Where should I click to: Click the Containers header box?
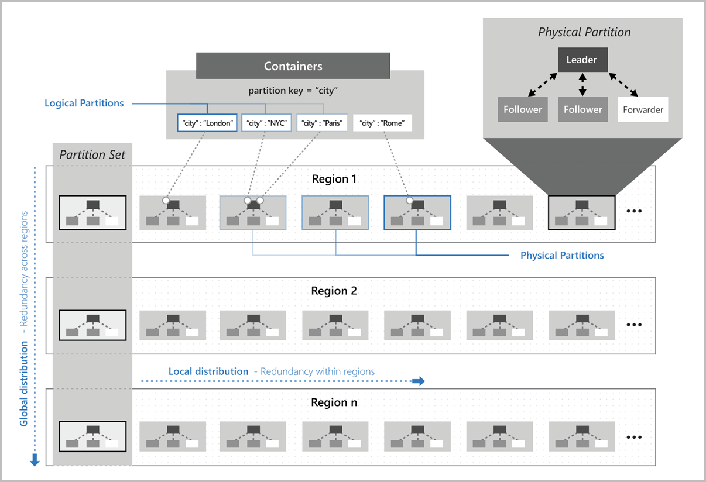click(x=293, y=66)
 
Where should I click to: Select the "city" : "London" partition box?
click(x=207, y=123)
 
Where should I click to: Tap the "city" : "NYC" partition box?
click(x=266, y=123)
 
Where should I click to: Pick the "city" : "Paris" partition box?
click(x=322, y=123)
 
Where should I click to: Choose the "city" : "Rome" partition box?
click(x=382, y=123)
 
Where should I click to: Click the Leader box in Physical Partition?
click(x=581, y=60)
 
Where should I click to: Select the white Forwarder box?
click(x=643, y=109)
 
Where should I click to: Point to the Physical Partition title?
click(x=584, y=32)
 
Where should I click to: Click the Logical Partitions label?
click(x=84, y=103)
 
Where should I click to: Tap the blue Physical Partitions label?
click(x=562, y=255)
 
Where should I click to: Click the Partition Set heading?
click(x=92, y=156)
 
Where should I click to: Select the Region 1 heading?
click(x=334, y=179)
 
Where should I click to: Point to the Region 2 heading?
click(x=334, y=291)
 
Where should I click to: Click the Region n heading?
click(x=334, y=402)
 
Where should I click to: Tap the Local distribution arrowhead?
click(x=419, y=381)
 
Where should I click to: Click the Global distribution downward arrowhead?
click(x=35, y=460)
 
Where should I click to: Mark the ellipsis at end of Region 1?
click(x=635, y=212)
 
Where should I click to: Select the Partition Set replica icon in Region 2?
click(x=92, y=324)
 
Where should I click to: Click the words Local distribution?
click(x=208, y=371)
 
